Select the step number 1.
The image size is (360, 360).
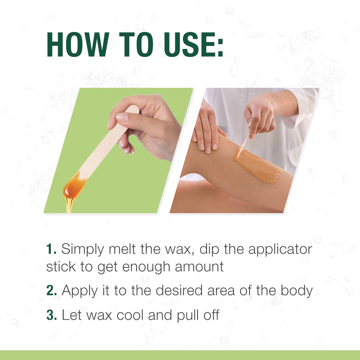(51, 249)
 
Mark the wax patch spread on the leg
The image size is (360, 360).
(257, 166)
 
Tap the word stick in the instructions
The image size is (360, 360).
(60, 267)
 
